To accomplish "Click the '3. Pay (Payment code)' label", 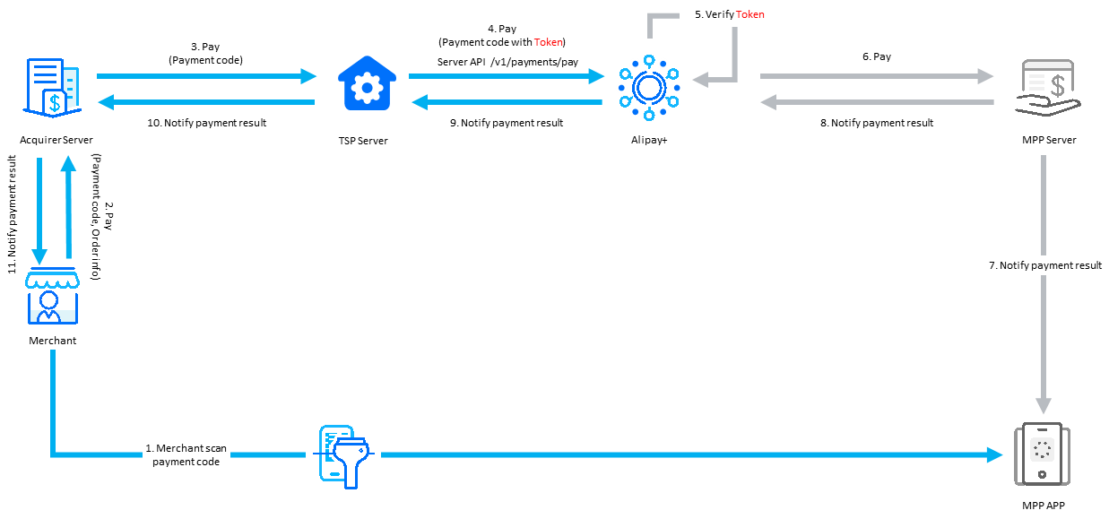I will [x=205, y=53].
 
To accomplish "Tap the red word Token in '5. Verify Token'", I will [x=749, y=14].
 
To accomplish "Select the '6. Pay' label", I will [x=876, y=56].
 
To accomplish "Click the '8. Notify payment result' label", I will [x=876, y=123].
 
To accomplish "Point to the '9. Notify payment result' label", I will [x=507, y=123].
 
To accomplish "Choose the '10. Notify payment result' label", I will [x=205, y=123].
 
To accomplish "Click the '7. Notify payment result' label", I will [x=1044, y=265].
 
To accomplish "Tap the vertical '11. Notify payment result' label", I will [x=13, y=214].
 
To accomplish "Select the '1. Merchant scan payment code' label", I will [x=186, y=454].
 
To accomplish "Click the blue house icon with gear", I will [x=366, y=86].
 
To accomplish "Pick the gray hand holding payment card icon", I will [x=1044, y=88].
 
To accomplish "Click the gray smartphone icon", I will [x=1041, y=454].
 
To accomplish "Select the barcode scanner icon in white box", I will [x=342, y=455].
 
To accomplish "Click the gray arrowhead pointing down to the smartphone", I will [x=1044, y=405].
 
